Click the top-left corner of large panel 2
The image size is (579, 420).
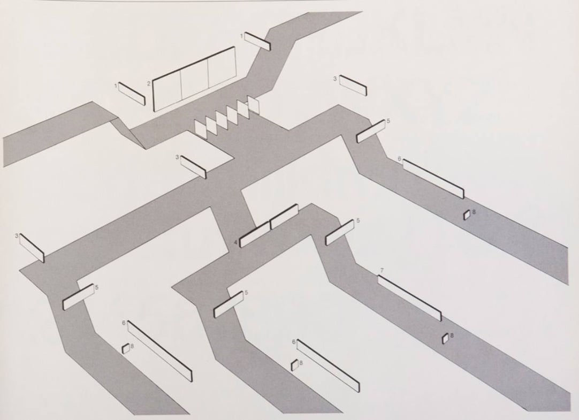pyautogui.click(x=153, y=80)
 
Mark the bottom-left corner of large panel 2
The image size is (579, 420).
pyautogui.click(x=154, y=111)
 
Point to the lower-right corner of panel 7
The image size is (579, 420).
pyautogui.click(x=441, y=321)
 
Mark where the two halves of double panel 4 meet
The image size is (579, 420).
pyautogui.click(x=270, y=225)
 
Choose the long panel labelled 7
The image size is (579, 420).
pyautogui.click(x=409, y=298)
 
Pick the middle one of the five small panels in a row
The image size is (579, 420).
pyautogui.click(x=222, y=121)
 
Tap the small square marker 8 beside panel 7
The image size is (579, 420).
pyautogui.click(x=445, y=339)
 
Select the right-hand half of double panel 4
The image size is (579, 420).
pyautogui.click(x=284, y=217)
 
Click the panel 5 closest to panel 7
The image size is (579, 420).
pyautogui.click(x=339, y=233)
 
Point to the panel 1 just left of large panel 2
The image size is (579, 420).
pyautogui.click(x=132, y=94)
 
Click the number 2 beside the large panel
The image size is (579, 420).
pyautogui.click(x=148, y=83)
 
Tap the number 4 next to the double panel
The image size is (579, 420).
pyautogui.click(x=235, y=242)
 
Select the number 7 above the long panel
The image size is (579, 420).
pyautogui.click(x=382, y=271)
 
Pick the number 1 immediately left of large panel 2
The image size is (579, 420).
pyautogui.click(x=116, y=86)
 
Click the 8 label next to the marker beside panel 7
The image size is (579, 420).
pyautogui.click(x=452, y=335)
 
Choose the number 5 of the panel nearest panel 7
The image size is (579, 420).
pyautogui.click(x=358, y=221)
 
